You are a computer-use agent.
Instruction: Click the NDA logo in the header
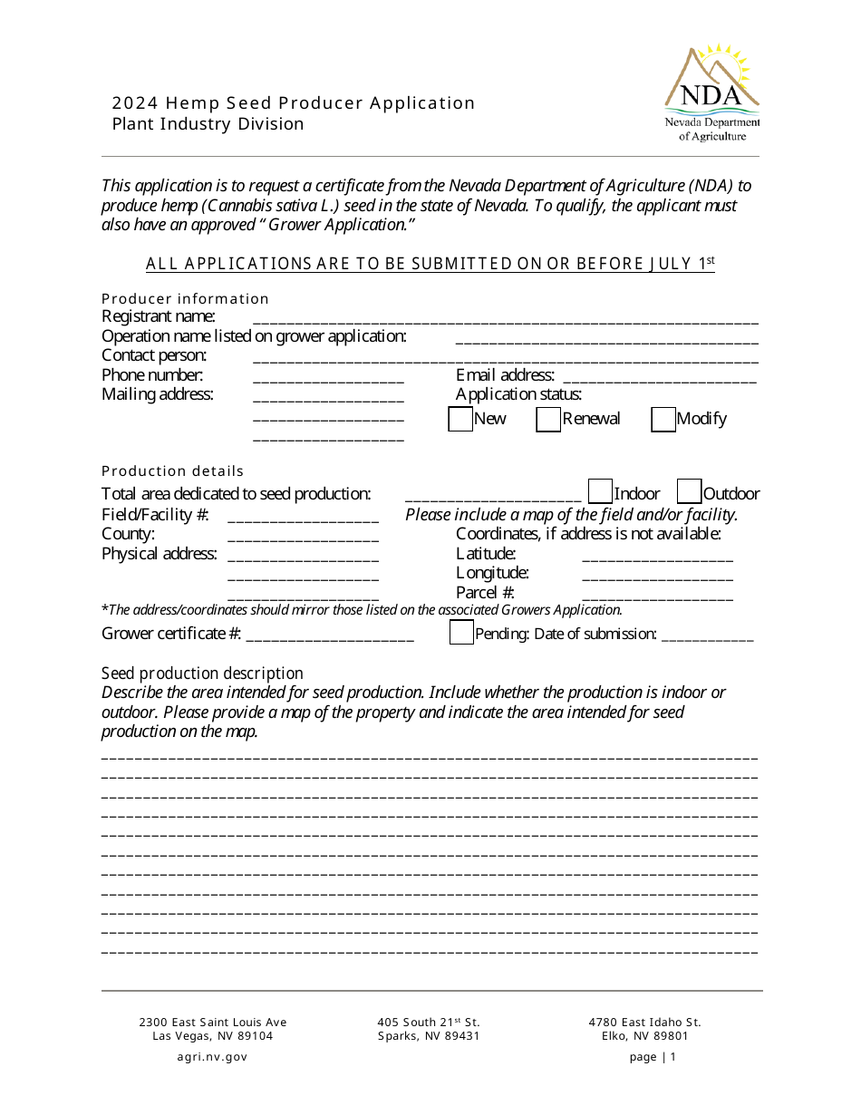pyautogui.click(x=711, y=92)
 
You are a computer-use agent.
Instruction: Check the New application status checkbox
pyautogui.click(x=460, y=420)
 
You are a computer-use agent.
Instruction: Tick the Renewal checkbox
pyautogui.click(x=548, y=420)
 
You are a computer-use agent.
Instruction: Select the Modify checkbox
pyautogui.click(x=663, y=420)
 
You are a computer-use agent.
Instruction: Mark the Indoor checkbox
pyautogui.click(x=600, y=492)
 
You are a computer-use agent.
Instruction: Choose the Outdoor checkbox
pyautogui.click(x=689, y=492)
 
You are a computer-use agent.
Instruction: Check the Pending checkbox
pyautogui.click(x=461, y=633)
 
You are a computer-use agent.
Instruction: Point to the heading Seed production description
pyautogui.click(x=202, y=674)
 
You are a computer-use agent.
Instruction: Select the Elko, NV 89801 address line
pyautogui.click(x=644, y=1036)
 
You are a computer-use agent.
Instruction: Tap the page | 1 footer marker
pyautogui.click(x=653, y=1057)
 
